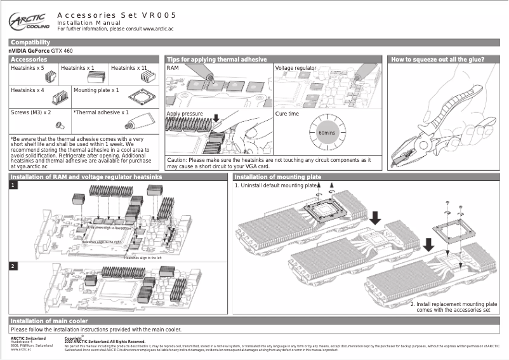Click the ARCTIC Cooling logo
29,22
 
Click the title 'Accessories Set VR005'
116,15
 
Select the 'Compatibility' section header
30,43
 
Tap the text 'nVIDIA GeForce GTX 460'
40,50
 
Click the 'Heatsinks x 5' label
27,67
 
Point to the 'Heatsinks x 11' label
129,67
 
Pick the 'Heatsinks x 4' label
27,90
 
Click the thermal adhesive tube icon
142,122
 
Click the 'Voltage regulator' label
295,67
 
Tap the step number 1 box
13,185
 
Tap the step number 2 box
13,265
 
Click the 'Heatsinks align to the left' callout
143,258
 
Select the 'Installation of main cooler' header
50,321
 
